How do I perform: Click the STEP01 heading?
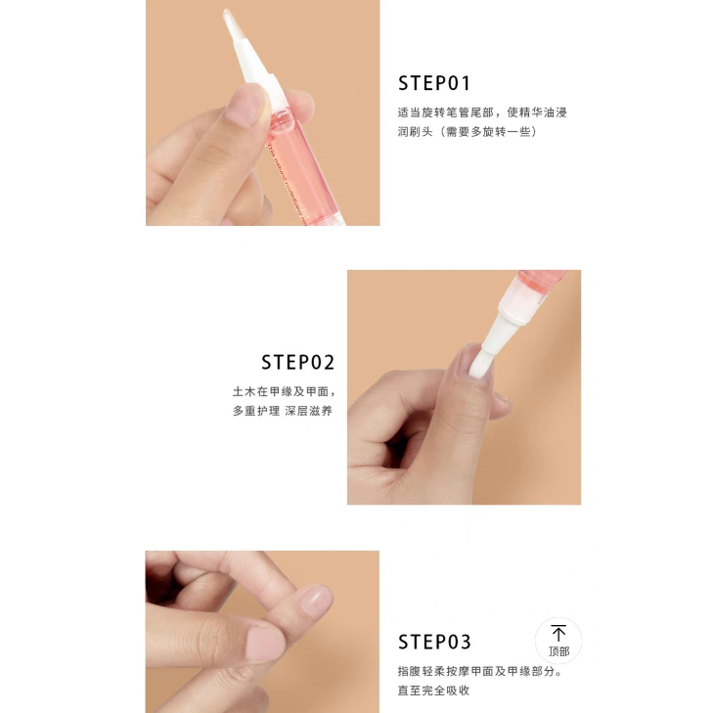[434, 83]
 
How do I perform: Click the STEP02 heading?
[298, 363]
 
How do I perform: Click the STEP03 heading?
[434, 642]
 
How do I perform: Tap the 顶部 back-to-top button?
[558, 641]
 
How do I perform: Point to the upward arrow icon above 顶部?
[558, 633]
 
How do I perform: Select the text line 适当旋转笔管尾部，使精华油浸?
[482, 112]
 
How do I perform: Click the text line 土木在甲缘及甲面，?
[285, 391]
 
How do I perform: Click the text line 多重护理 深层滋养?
[283, 411]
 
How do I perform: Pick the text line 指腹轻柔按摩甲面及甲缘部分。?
[480, 671]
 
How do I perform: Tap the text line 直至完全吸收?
[433, 691]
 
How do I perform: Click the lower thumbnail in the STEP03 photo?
[265, 643]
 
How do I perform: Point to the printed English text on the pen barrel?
[287, 183]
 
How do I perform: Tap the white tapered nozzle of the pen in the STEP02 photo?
[503, 324]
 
